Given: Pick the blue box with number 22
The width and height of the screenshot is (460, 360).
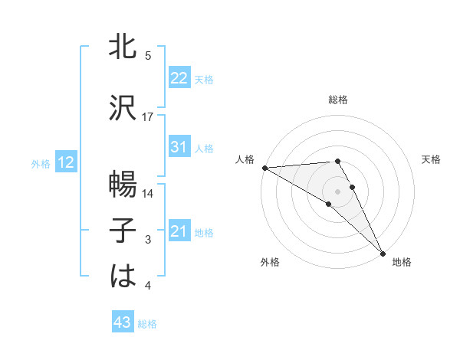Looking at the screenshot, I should click(179, 78).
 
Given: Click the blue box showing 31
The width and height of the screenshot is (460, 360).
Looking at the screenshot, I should click(179, 147).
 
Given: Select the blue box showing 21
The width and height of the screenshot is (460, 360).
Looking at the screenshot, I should click(179, 231).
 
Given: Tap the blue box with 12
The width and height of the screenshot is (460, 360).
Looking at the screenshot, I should click(66, 162).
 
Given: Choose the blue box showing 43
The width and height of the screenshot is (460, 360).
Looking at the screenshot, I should click(123, 322).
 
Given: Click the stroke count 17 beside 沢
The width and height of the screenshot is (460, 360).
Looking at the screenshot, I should click(148, 117).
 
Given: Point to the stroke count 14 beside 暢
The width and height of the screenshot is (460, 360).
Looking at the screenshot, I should click(148, 194).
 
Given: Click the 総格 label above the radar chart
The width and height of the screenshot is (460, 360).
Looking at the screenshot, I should click(338, 100).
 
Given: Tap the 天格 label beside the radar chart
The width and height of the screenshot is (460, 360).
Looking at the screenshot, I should click(431, 159).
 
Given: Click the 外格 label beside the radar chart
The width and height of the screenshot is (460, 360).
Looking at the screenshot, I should click(270, 263).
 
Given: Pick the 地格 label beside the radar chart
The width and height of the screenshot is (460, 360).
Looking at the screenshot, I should click(402, 263).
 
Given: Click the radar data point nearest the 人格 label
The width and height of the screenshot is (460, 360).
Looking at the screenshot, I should click(264, 168).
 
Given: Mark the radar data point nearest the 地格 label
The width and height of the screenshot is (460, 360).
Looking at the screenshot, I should click(383, 253).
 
